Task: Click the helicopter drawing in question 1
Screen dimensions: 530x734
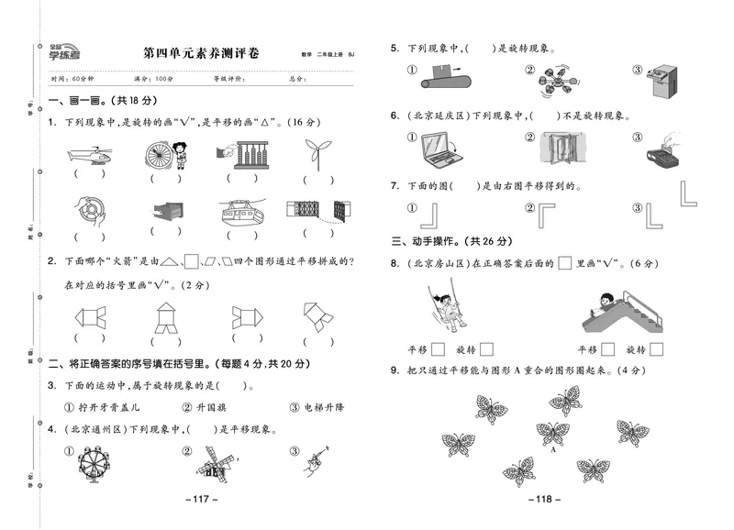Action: coord(89,153)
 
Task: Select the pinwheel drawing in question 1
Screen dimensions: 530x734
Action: coord(317,152)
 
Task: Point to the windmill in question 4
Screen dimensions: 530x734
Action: coord(213,463)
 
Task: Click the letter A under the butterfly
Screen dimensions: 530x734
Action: coord(554,450)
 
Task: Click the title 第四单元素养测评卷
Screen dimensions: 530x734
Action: coord(201,54)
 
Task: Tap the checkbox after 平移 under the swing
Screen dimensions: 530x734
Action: coord(439,348)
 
